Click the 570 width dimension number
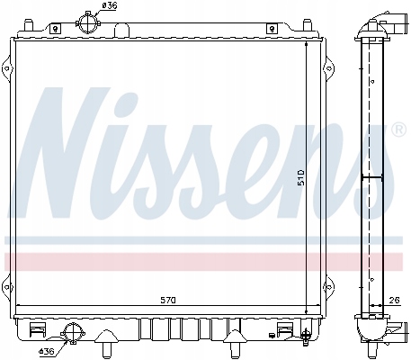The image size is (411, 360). (x=170, y=298)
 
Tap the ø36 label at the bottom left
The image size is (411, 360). (x=49, y=350)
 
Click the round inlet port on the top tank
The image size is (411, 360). (x=87, y=21)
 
